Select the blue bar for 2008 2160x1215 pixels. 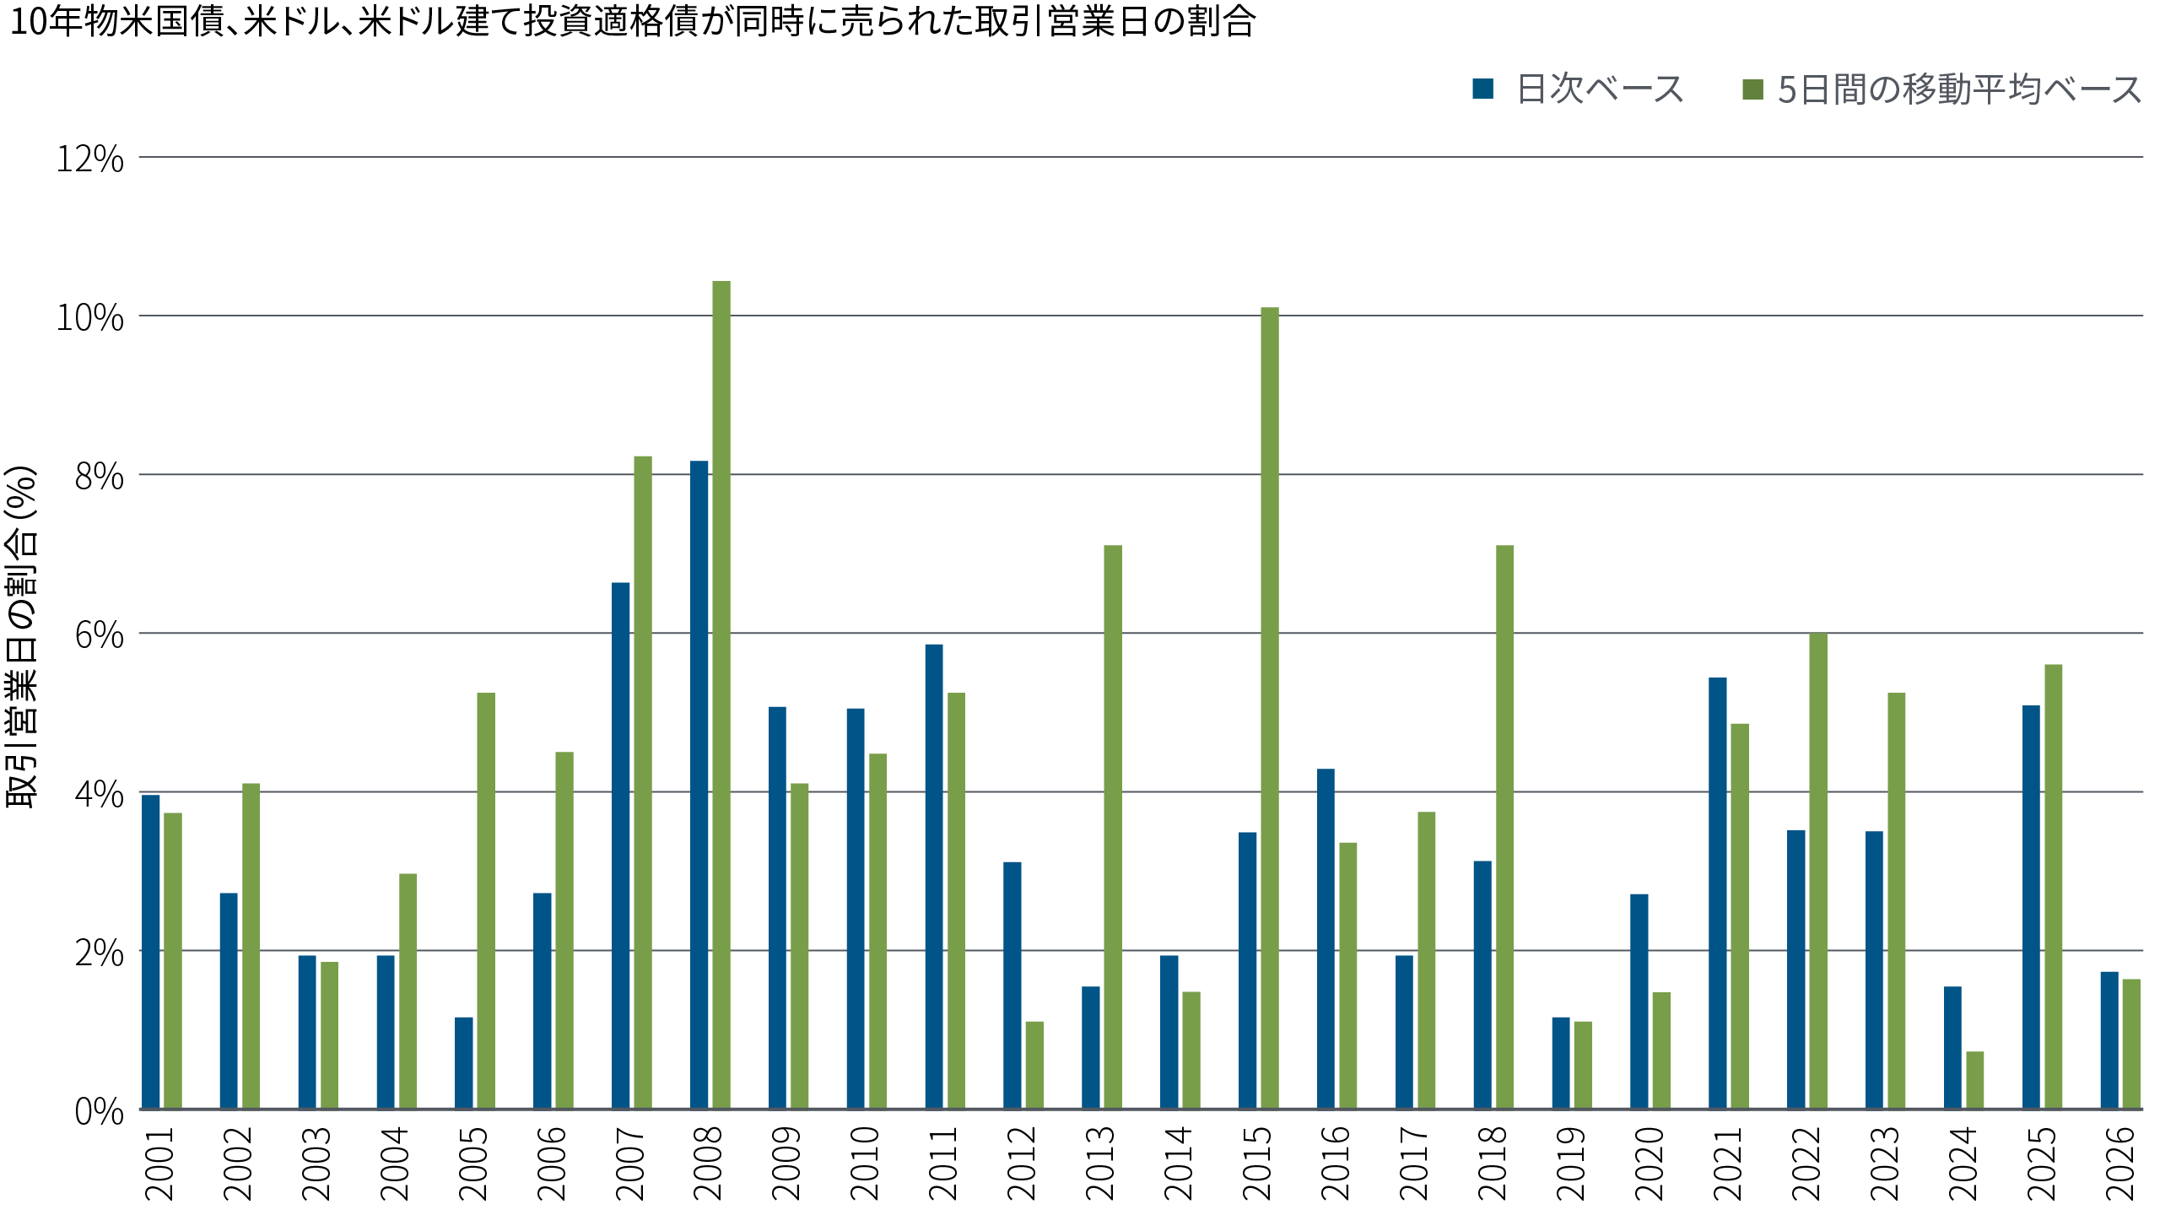point(699,785)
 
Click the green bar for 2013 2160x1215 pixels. point(1113,827)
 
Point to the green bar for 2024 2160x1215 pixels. point(1975,1080)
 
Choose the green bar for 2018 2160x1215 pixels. point(1504,827)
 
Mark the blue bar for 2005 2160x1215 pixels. point(464,1063)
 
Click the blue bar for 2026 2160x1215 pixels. point(2109,1039)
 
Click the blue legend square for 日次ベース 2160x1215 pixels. point(1483,89)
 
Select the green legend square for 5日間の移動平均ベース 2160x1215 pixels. point(1753,89)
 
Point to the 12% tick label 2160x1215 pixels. point(90,159)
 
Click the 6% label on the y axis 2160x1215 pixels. point(99,634)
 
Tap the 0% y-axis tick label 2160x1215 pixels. point(99,1111)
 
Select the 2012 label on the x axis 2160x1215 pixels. point(1021,1164)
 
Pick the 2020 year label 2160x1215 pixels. point(1649,1164)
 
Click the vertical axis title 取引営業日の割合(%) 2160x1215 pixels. point(23,637)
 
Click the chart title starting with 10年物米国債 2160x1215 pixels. point(633,22)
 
